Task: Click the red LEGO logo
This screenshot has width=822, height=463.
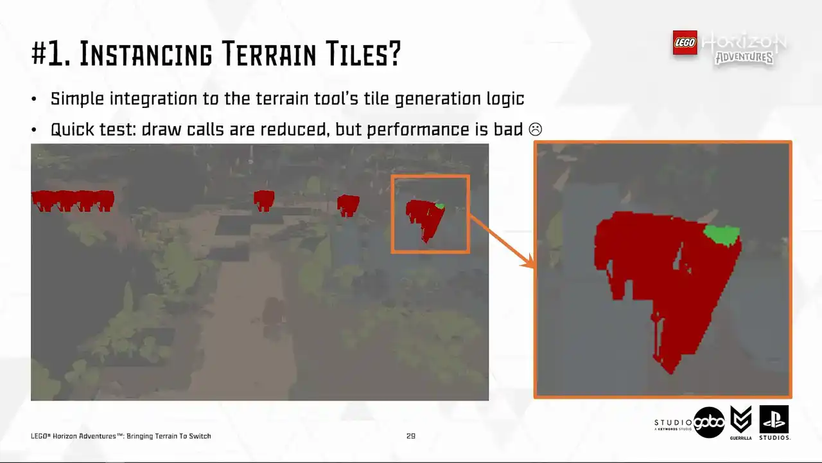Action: click(685, 42)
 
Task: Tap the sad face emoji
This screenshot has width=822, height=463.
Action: click(536, 129)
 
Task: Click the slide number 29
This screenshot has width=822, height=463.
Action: click(410, 436)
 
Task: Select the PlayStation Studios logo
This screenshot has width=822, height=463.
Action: click(774, 422)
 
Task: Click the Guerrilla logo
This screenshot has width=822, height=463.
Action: click(741, 422)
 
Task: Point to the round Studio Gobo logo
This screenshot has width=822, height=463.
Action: click(709, 422)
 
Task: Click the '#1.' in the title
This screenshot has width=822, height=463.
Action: click(51, 54)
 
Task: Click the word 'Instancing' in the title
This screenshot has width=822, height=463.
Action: click(146, 54)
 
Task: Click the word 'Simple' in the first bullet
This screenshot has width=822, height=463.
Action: click(77, 99)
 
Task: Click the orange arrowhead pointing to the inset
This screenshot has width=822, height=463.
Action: click(528, 261)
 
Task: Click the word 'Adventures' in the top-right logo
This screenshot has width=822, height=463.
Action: click(744, 58)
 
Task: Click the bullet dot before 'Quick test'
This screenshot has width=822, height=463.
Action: click(34, 130)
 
